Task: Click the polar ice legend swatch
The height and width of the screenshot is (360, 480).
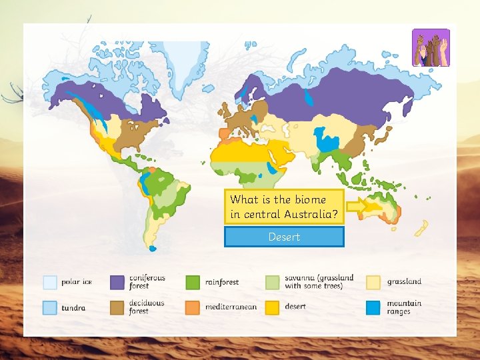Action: [50, 283]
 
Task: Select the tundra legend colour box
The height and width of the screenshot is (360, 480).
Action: [50, 307]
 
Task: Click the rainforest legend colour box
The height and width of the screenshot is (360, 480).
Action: [193, 283]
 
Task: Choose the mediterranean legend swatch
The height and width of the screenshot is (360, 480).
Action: [193, 307]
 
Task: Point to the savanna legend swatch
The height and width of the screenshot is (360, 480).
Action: [273, 283]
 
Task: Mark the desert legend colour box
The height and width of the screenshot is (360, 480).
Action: [273, 307]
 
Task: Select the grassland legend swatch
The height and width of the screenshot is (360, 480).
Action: [373, 283]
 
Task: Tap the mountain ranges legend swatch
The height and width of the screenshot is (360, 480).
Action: [373, 307]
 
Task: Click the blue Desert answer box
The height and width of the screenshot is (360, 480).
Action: [284, 237]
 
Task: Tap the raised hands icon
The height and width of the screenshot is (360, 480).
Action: [431, 48]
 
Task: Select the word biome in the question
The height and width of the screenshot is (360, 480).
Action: [309, 199]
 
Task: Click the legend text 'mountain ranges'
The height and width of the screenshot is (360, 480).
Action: [404, 307]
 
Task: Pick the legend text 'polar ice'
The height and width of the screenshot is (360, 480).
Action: [77, 282]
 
